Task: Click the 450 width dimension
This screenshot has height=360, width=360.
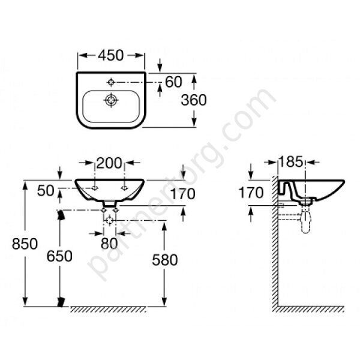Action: (110, 55)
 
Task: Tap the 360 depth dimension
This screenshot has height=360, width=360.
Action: (194, 100)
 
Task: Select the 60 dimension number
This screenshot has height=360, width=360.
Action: (173, 82)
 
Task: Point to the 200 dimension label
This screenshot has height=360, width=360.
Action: (109, 163)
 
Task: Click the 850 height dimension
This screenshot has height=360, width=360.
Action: (25, 244)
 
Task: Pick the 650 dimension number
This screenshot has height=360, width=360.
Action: (59, 256)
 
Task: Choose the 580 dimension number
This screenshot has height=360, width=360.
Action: (165, 260)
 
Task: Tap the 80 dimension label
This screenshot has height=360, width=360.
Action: (109, 244)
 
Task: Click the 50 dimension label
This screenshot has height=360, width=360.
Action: (46, 191)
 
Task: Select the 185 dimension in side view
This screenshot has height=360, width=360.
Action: (291, 161)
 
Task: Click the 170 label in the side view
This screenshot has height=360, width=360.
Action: (251, 193)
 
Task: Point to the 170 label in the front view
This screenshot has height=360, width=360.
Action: (183, 194)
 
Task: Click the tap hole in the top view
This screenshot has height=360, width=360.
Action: (111, 82)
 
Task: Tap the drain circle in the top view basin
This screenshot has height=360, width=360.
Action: (111, 100)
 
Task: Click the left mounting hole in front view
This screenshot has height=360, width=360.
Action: (95, 188)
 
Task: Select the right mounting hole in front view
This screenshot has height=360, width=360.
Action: (124, 188)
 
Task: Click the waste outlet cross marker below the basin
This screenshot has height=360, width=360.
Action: (110, 220)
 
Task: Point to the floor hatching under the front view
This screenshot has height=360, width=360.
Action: (108, 310)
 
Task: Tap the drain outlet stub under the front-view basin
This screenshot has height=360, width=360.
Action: (109, 203)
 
